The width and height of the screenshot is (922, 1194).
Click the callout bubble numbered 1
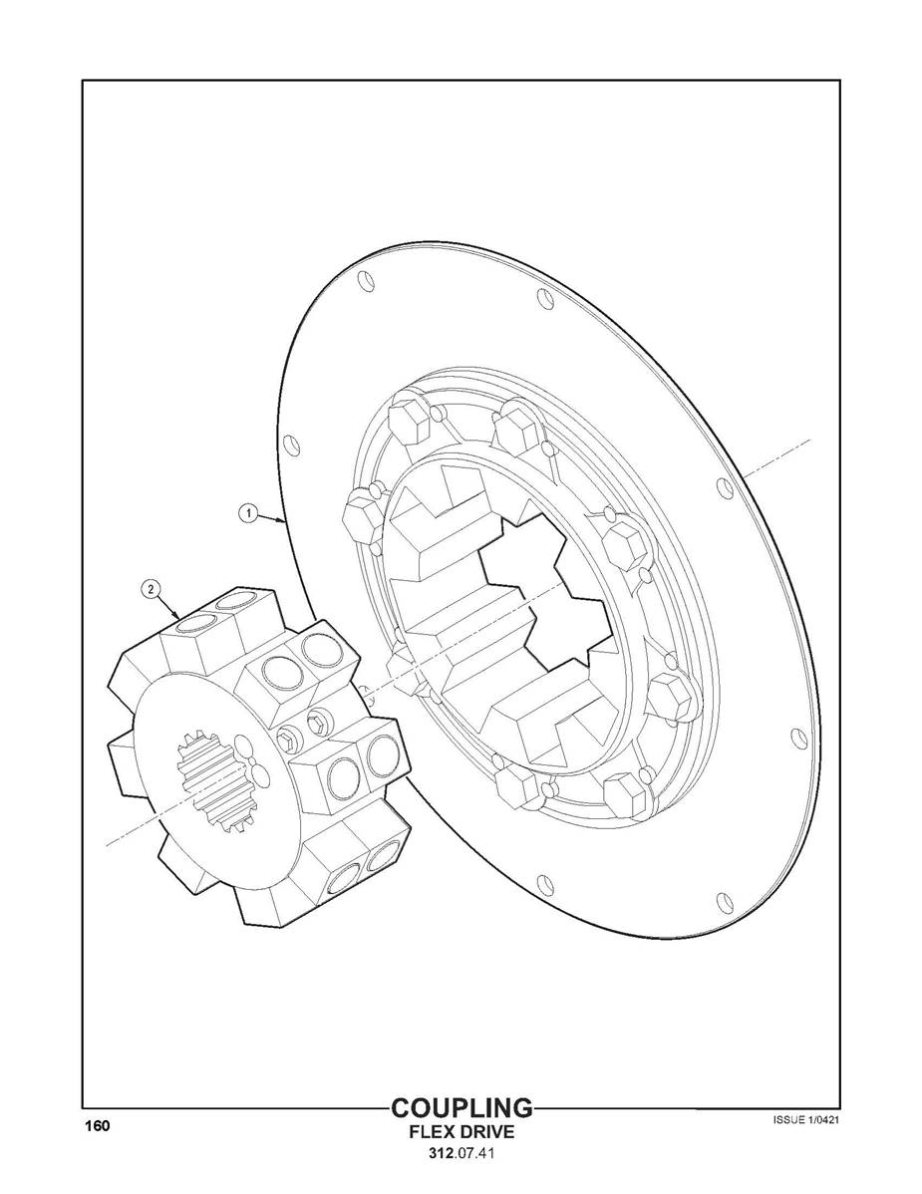246,514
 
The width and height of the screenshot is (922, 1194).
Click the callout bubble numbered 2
151,589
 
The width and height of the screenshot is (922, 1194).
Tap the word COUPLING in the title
461,1108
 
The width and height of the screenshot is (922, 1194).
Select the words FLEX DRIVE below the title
461,1133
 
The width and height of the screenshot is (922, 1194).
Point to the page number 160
97,1126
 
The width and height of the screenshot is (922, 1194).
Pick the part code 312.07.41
461,1156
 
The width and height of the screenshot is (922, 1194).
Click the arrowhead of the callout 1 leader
286,522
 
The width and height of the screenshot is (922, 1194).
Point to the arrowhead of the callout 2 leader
179,617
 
